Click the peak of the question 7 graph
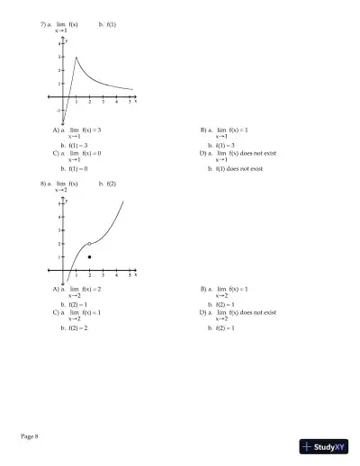pyautogui.click(x=76, y=57)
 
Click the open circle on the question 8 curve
pyautogui.click(x=89, y=244)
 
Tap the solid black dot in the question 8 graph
pyautogui.click(x=89, y=257)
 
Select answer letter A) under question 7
pyautogui.click(x=56, y=130)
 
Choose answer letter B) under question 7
pyautogui.click(x=203, y=130)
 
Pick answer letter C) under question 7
pyautogui.click(x=56, y=154)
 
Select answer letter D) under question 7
pyautogui.click(x=203, y=154)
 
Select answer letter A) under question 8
pyautogui.click(x=56, y=290)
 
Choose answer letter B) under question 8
pyautogui.click(x=203, y=290)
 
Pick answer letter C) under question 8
pyautogui.click(x=56, y=312)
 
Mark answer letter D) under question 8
pyautogui.click(x=203, y=312)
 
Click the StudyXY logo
pyautogui.click(x=325, y=446)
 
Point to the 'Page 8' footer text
pyautogui.click(x=30, y=436)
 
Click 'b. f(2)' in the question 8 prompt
pyautogui.click(x=106, y=184)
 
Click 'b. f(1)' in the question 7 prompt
pyautogui.click(x=106, y=24)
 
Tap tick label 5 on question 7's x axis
pyautogui.click(x=130, y=102)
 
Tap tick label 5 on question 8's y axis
pyautogui.click(x=58, y=204)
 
